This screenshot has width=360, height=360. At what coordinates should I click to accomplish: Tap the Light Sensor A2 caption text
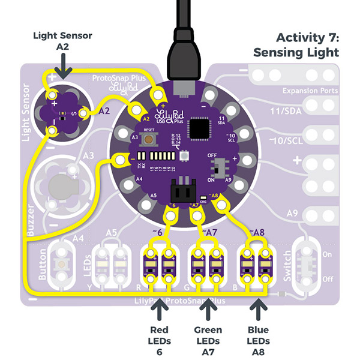pyautogui.click(x=62, y=41)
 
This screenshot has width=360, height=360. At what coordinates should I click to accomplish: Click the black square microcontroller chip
pyautogui.click(x=198, y=128)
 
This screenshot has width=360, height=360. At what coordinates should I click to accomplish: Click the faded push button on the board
pyautogui.click(x=61, y=262)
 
